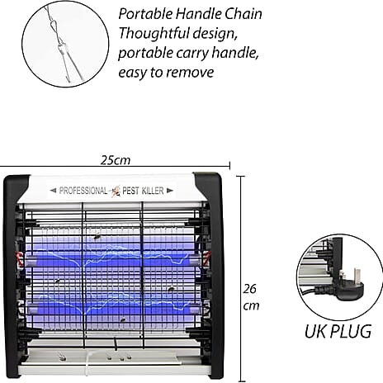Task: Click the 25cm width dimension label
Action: point(116,160)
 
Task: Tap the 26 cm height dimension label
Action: point(251,297)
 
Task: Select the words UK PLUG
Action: point(338,331)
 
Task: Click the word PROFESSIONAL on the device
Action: point(83,191)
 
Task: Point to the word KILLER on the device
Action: point(153,191)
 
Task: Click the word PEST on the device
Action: point(130,191)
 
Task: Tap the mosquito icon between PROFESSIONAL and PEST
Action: point(116,191)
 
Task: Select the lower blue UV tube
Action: point(114,310)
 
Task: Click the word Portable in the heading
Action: point(145,14)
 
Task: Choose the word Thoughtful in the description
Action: point(154,33)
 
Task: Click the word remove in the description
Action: point(190,73)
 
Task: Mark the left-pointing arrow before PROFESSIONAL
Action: point(53,190)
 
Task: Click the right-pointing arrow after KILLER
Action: point(170,190)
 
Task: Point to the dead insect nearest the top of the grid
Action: point(97,236)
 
